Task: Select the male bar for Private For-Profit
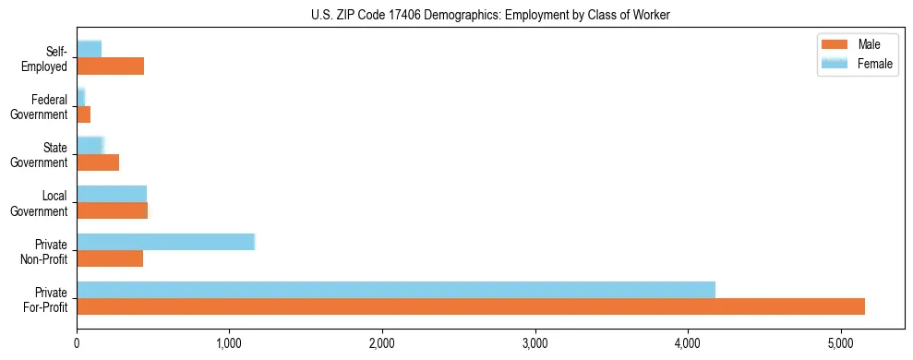point(471,306)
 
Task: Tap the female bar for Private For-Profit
point(396,290)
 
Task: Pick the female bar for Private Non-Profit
point(165,242)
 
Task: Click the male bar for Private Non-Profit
point(110,258)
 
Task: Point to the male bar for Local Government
point(112,210)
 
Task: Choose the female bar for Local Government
point(112,193)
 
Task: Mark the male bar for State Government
point(98,162)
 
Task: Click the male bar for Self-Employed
point(110,66)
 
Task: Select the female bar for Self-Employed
point(89,49)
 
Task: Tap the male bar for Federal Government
point(83,114)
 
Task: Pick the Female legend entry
point(859,64)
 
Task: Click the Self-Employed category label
point(45,58)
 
